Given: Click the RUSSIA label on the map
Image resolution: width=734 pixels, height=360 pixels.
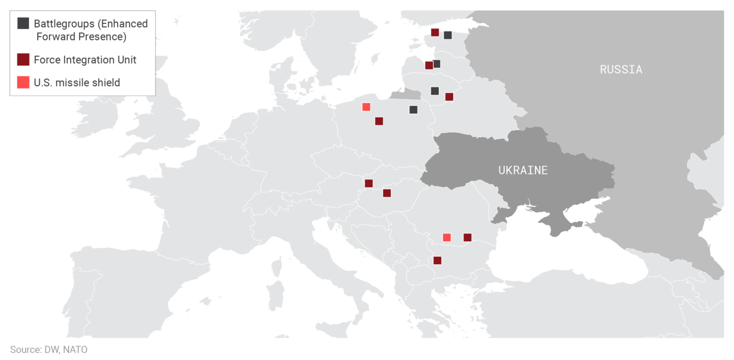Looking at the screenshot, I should click(x=620, y=69).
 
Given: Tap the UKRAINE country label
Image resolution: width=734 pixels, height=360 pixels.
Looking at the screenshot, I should click(x=523, y=170).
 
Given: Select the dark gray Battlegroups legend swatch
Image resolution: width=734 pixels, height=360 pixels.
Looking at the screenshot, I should click(x=23, y=23).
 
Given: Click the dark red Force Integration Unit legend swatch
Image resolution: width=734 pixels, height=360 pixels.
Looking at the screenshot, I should click(x=23, y=60).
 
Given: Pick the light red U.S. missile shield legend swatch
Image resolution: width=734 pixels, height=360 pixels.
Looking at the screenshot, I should click(x=23, y=82).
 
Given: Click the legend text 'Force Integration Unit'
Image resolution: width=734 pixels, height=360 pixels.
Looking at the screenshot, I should click(x=85, y=60).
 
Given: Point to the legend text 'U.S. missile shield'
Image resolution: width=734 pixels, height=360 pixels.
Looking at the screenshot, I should click(x=77, y=83).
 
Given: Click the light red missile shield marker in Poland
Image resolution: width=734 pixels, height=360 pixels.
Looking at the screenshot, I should click(x=366, y=107).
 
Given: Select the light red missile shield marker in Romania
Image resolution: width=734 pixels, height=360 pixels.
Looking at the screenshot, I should click(x=447, y=237).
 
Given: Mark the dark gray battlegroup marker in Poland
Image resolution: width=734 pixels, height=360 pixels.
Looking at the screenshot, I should click(x=413, y=110).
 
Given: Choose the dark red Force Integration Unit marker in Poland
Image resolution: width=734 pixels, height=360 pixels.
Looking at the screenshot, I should click(x=379, y=121).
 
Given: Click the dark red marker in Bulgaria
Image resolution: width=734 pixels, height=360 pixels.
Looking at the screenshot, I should click(x=437, y=260).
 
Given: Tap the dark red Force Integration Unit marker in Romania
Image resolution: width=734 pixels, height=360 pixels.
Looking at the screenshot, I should click(x=467, y=237).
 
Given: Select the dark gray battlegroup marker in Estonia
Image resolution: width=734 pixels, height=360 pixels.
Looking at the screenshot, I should click(x=448, y=35).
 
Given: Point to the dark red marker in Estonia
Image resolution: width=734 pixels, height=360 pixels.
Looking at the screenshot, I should click(x=435, y=32).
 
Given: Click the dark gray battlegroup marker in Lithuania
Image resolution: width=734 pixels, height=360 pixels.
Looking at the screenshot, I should click(x=435, y=91).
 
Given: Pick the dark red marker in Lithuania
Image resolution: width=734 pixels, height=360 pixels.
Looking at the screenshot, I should click(x=449, y=96).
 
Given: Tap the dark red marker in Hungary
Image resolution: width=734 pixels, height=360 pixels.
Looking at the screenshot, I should click(x=387, y=193).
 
